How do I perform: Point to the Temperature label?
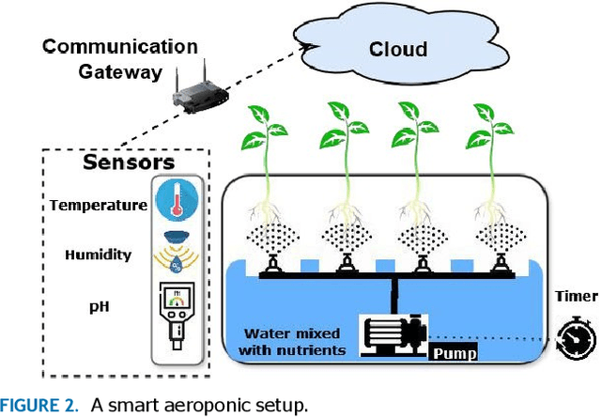[98, 205]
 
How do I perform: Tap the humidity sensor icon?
[176, 253]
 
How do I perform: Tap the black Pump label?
[454, 354]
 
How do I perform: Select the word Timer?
[575, 296]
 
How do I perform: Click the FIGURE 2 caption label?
[39, 406]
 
